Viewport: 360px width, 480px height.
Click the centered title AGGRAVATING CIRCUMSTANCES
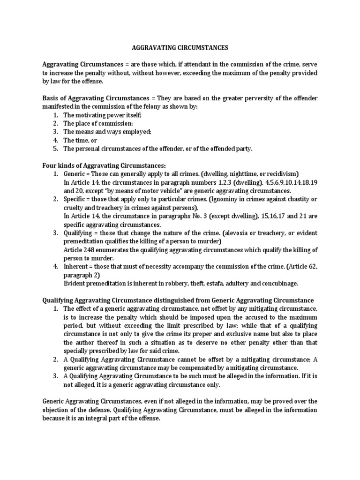(x=180, y=47)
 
